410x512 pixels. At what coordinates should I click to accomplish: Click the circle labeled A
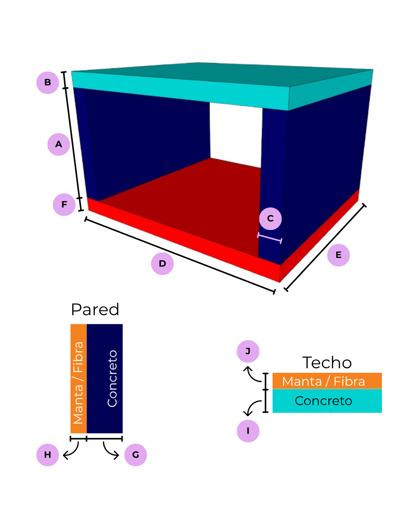(x=58, y=144)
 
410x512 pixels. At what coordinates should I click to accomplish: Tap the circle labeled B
(x=47, y=82)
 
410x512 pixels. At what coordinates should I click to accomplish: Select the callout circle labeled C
(x=270, y=218)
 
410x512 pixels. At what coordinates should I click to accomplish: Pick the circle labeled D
(x=162, y=264)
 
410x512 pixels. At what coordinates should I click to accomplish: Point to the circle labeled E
(x=338, y=255)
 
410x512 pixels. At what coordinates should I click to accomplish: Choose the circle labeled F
(x=64, y=205)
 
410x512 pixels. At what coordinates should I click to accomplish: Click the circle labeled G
(x=136, y=455)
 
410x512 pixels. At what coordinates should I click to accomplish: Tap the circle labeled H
(x=47, y=455)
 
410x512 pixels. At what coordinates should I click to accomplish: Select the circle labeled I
(x=248, y=431)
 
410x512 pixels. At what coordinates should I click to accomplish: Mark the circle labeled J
(x=248, y=351)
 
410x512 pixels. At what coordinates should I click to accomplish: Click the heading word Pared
(x=95, y=309)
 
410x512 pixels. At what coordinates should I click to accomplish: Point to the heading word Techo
(x=327, y=363)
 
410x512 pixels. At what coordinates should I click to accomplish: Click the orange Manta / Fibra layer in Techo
(x=327, y=381)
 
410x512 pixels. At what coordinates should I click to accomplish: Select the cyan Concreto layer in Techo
(x=327, y=401)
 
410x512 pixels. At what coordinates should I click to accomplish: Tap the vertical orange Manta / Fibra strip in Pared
(x=79, y=379)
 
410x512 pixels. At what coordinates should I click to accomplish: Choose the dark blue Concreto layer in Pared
(x=105, y=379)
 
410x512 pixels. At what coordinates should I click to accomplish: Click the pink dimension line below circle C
(x=270, y=238)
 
